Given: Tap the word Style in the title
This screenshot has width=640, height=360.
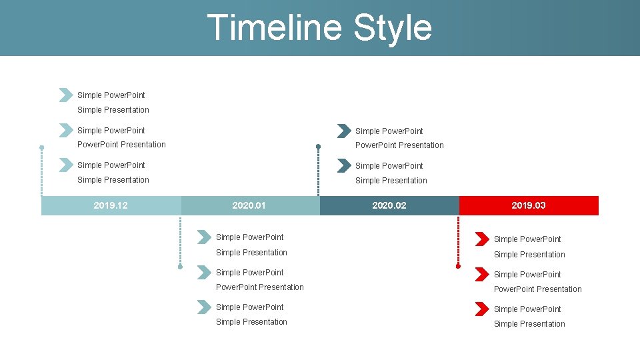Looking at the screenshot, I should (x=393, y=28).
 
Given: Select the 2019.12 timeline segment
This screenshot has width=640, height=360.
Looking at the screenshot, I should (x=111, y=205).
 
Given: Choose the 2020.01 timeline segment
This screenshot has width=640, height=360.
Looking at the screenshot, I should (x=249, y=205).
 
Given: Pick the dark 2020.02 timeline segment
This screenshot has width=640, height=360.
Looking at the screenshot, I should (x=389, y=205).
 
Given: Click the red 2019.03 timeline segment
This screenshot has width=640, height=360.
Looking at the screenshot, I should (x=528, y=205).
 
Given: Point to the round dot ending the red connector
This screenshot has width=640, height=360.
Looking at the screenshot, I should (x=458, y=266).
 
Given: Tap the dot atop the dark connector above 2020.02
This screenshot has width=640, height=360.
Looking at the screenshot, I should (x=319, y=147).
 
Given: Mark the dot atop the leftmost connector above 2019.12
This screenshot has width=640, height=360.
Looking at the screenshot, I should (x=41, y=147).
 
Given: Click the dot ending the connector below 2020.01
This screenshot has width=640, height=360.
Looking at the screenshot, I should (x=180, y=267).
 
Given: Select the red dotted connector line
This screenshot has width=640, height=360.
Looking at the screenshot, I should (x=458, y=240).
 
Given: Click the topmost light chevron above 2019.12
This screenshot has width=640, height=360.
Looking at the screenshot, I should (x=65, y=95).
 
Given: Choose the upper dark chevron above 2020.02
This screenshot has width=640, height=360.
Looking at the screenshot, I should (x=343, y=131).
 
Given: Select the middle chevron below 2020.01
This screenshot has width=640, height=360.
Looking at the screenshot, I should (x=204, y=272).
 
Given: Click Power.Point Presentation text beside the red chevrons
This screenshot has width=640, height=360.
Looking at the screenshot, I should (x=537, y=289).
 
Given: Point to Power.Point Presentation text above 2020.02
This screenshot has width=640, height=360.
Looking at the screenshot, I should (x=399, y=145).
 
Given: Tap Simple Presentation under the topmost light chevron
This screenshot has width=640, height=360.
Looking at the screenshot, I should (x=113, y=110).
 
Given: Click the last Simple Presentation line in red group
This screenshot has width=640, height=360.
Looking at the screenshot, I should (x=529, y=324).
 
